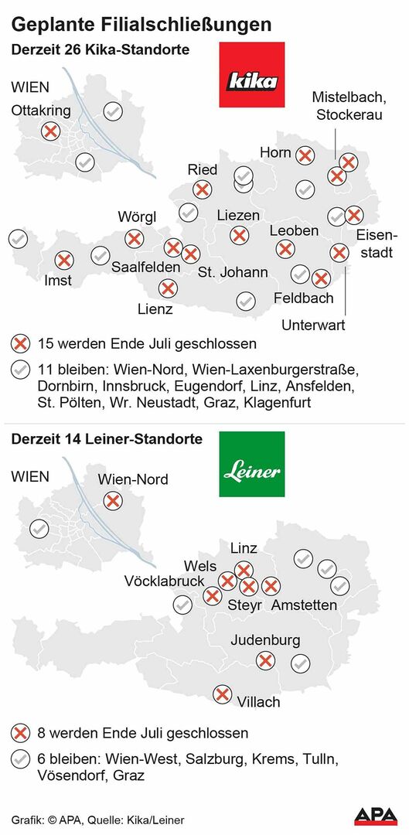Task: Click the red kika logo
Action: tap(252, 75)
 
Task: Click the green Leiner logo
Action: tap(252, 464)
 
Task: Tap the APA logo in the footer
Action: tap(376, 816)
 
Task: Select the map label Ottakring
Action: tap(40, 111)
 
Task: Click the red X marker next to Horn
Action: tap(305, 155)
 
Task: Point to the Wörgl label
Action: tap(137, 216)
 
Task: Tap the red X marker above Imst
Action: tap(64, 261)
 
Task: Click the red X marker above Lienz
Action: tap(167, 288)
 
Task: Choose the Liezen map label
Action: tap(238, 215)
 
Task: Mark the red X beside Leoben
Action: tap(285, 248)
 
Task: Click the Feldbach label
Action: tap(304, 298)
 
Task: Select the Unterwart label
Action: tap(313, 325)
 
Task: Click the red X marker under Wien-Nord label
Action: tap(113, 501)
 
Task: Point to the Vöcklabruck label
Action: tap(165, 581)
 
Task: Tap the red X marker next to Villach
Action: tap(223, 694)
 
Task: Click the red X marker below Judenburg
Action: tap(265, 659)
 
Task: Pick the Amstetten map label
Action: tap(304, 605)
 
